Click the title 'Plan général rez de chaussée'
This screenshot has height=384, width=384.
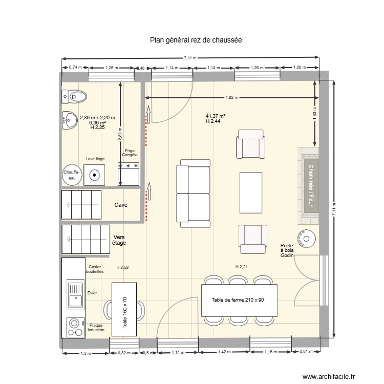coord(196,39)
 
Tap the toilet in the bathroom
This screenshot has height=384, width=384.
coord(75,95)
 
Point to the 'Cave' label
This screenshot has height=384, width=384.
coord(121,205)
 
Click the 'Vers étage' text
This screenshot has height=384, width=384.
coord(119,240)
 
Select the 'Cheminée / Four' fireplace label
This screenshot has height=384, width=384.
coord(310,187)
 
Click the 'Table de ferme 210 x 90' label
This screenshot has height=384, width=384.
coord(237,300)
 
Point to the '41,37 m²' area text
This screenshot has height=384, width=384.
coord(216,116)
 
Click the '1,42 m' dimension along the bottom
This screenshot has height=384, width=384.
coord(224,352)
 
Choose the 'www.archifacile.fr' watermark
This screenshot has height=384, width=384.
coord(332,376)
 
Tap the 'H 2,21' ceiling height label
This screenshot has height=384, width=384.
coord(241,267)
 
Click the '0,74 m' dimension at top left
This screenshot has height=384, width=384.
coord(75,68)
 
